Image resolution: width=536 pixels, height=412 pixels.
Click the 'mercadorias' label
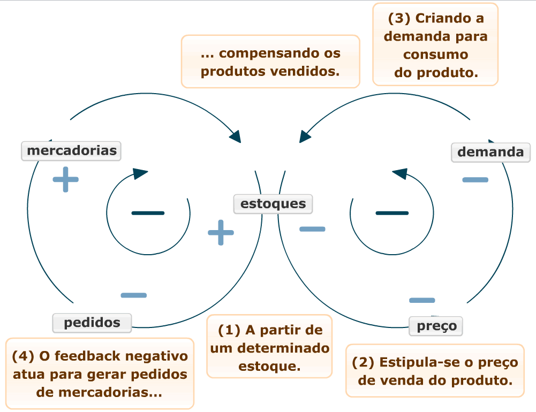click(71, 151)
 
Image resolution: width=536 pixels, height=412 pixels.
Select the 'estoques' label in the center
click(273, 204)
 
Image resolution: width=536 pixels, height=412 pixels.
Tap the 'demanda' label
click(490, 152)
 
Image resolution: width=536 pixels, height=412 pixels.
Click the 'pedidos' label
click(92, 323)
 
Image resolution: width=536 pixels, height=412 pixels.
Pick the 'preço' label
click(436, 326)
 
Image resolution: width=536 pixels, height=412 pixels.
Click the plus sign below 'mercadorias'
click(65, 180)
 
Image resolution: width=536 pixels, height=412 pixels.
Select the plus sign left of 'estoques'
click(221, 232)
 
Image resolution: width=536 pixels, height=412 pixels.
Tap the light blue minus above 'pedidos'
click(133, 295)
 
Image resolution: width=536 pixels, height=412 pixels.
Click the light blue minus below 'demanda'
click(475, 180)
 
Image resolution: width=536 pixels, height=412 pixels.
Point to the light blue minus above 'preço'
click(422, 300)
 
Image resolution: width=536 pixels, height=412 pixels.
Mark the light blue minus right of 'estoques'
click(312, 229)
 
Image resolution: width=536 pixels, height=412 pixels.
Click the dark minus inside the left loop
click(148, 213)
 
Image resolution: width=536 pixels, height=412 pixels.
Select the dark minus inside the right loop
click(392, 213)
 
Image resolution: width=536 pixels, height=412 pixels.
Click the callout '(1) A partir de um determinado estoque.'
click(269, 347)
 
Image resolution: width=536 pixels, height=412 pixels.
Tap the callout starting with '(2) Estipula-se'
click(435, 371)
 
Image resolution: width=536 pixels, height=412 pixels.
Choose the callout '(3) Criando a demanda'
click(435, 44)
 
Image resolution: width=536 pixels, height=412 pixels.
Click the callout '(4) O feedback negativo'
click(100, 373)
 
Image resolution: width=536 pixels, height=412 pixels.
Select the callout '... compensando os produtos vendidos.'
click(270, 62)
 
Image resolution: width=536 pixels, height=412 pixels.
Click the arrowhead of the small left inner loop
click(140, 173)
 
